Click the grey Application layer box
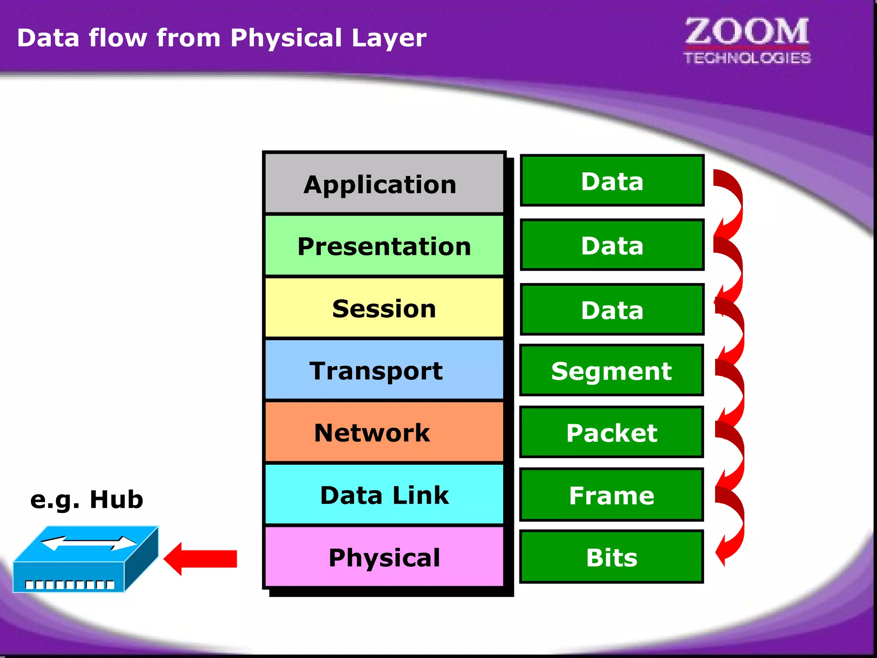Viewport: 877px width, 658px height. tap(384, 183)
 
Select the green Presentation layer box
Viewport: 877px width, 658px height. tap(384, 245)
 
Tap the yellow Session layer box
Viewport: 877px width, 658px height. tap(384, 308)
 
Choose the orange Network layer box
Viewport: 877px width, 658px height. tap(384, 432)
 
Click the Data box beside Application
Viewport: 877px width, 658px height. tap(612, 180)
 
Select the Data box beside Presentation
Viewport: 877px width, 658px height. tap(612, 245)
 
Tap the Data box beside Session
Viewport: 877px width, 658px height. tap(612, 309)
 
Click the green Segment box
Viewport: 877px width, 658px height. tap(612, 371)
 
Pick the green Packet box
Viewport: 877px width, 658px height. tap(612, 432)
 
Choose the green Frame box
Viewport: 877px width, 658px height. tap(612, 495)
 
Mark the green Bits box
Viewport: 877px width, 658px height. tap(612, 557)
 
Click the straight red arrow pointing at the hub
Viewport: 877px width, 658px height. tap(201, 559)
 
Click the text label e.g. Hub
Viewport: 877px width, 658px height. tap(87, 499)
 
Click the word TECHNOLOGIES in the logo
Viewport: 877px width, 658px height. tap(747, 58)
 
